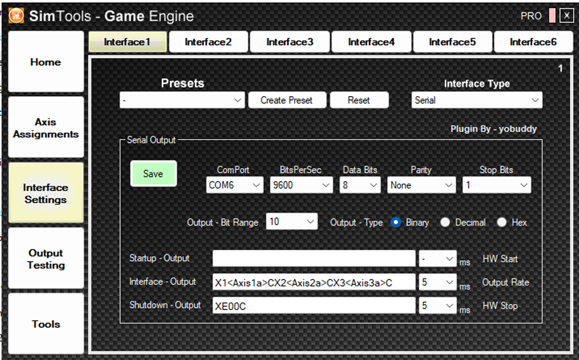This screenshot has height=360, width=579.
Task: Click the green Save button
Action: click(153, 174)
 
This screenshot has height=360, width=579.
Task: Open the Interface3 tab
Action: click(289, 42)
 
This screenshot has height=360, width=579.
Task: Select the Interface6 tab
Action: click(533, 42)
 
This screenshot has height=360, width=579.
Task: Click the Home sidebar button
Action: click(46, 62)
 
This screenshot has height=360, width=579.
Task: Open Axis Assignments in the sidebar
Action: click(46, 128)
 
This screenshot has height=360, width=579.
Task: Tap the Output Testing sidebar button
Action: click(46, 259)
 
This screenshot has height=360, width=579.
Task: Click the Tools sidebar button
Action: click(46, 324)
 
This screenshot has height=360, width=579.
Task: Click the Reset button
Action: click(359, 100)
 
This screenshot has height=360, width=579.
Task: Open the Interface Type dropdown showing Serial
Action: click(477, 100)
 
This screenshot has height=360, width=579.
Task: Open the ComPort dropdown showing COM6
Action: click(234, 185)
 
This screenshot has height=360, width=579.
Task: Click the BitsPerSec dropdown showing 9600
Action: click(301, 185)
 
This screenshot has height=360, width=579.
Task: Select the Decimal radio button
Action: click(445, 222)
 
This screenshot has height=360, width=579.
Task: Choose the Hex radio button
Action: click(501, 222)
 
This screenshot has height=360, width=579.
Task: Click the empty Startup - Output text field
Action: click(314, 259)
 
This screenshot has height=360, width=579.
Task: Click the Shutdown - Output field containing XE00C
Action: click(314, 306)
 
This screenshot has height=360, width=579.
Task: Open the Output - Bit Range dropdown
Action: click(292, 222)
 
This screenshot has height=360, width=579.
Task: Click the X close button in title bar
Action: click(566, 16)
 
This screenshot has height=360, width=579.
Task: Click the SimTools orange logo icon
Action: click(16, 16)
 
